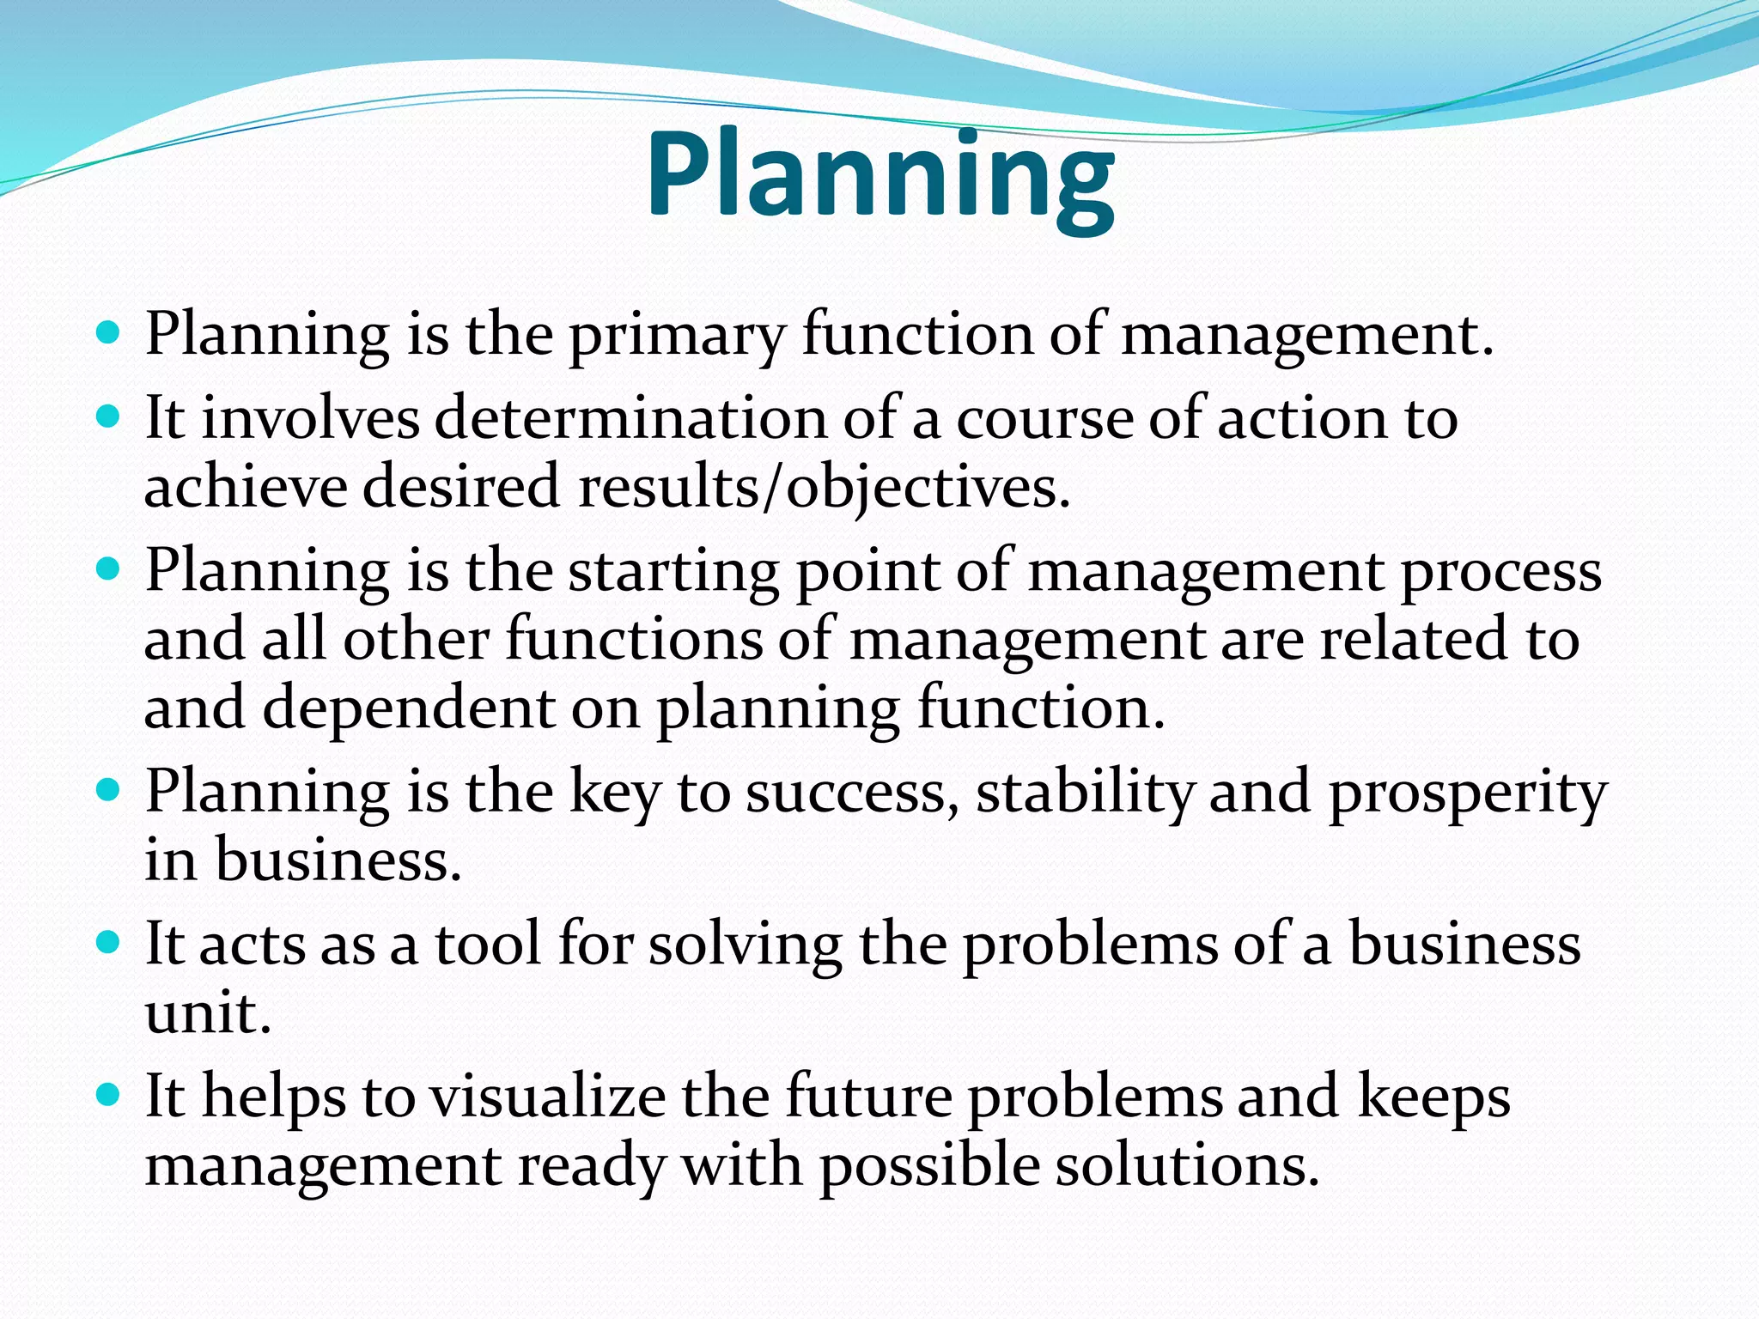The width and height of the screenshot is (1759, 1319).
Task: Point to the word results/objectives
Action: click(x=824, y=488)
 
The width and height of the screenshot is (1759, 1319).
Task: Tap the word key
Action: click(x=614, y=792)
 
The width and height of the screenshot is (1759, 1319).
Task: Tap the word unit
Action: click(x=207, y=1013)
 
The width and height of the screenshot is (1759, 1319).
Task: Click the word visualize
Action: click(x=547, y=1097)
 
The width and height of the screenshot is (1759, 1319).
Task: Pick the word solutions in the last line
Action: click(x=1186, y=1166)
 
